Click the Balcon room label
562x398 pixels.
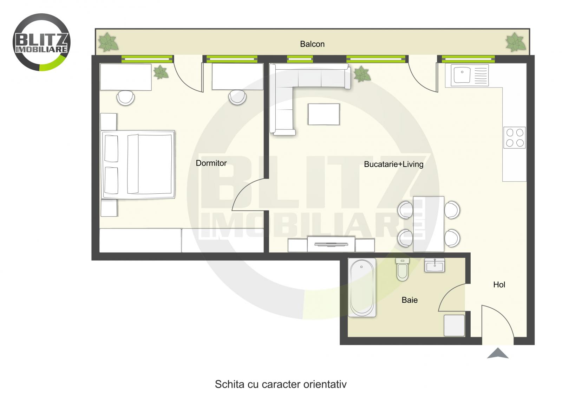[x=312, y=44]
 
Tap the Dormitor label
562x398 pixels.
[x=211, y=163]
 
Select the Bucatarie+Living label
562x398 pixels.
[x=393, y=164]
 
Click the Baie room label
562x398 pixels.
[x=410, y=300]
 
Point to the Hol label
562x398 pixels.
[x=499, y=285]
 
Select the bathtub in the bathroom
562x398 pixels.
[x=362, y=288]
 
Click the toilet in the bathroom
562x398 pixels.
[x=403, y=270]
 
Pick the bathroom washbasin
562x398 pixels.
[x=434, y=265]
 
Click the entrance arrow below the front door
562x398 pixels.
[x=498, y=353]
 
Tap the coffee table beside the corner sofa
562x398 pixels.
[x=324, y=114]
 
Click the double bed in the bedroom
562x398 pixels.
[x=138, y=165]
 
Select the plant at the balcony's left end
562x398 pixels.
[x=108, y=43]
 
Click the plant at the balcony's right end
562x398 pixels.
[x=515, y=43]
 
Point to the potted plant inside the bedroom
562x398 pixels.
[x=161, y=72]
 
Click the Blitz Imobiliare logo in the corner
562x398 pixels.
[x=41, y=42]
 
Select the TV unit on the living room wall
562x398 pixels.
[x=331, y=244]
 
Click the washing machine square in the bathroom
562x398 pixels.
[x=454, y=325]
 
